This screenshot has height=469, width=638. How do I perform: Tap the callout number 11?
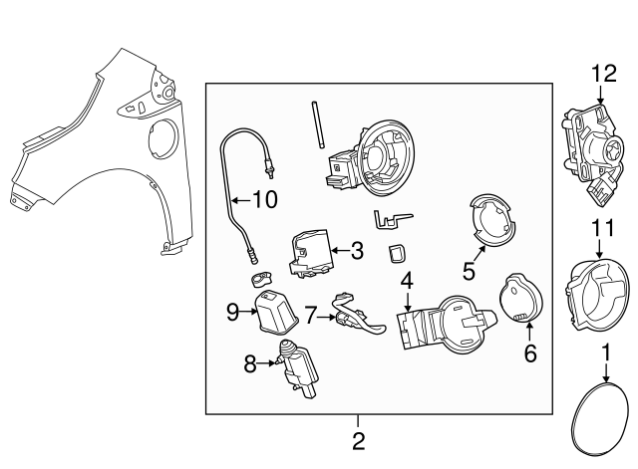[x=598, y=228]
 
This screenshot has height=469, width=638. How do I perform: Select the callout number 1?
[x=604, y=352]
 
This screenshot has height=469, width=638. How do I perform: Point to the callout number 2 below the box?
[x=358, y=439]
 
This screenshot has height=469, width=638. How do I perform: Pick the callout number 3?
[x=356, y=251]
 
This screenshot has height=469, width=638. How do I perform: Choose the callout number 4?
[x=407, y=282]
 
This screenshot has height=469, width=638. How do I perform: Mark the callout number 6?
[x=530, y=352]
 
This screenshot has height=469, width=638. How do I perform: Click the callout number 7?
[x=310, y=316]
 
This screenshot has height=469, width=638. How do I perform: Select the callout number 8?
[x=249, y=363]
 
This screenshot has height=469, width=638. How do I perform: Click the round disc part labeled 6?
[x=517, y=298]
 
